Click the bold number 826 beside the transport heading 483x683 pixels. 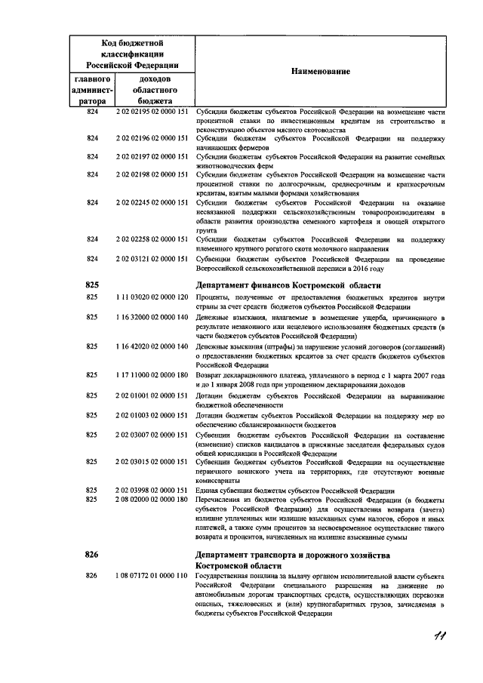click(x=92, y=555)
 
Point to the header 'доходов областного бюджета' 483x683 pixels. click(x=155, y=89)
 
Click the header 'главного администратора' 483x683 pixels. click(x=92, y=89)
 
